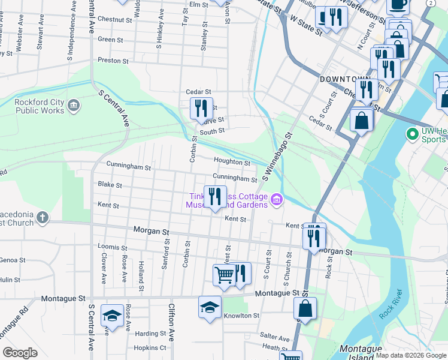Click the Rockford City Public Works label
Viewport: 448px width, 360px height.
[x=40, y=106]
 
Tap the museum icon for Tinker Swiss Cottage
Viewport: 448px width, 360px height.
[x=277, y=200]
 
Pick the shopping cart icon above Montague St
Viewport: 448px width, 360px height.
[x=224, y=275]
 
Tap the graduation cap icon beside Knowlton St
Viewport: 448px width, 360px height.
[x=209, y=307]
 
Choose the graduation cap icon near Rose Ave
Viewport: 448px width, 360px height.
[x=112, y=314]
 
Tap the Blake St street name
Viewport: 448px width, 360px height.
[x=110, y=185]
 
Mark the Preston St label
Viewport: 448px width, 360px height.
[x=113, y=61]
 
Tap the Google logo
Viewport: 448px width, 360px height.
[x=20, y=353]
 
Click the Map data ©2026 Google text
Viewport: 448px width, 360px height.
[x=410, y=355]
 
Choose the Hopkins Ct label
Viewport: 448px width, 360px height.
[x=150, y=348]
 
